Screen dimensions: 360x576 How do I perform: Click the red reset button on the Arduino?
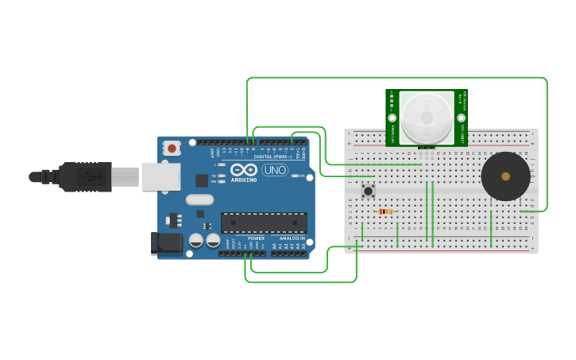[172, 148]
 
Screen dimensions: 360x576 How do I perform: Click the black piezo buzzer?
[505, 176]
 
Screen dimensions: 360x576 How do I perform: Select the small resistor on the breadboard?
[386, 211]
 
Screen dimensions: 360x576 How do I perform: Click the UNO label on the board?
[275, 170]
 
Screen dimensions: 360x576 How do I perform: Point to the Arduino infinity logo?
[243, 170]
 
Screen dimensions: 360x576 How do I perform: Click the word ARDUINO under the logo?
[244, 180]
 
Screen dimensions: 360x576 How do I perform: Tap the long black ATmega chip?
[264, 224]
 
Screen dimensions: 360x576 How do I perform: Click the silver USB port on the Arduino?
[161, 176]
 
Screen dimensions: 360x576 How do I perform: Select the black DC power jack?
[168, 243]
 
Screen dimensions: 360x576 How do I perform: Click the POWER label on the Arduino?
[256, 238]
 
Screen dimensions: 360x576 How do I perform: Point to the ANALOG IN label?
[292, 238]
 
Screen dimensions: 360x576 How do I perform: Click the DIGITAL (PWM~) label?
[273, 157]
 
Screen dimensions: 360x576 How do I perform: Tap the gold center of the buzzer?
[505, 176]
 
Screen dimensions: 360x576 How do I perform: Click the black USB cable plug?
[83, 176]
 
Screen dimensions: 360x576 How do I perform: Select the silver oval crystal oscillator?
[200, 200]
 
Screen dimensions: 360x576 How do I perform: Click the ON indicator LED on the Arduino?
[295, 176]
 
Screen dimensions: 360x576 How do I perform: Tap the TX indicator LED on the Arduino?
[222, 175]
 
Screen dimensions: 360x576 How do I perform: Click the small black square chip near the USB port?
[202, 180]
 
